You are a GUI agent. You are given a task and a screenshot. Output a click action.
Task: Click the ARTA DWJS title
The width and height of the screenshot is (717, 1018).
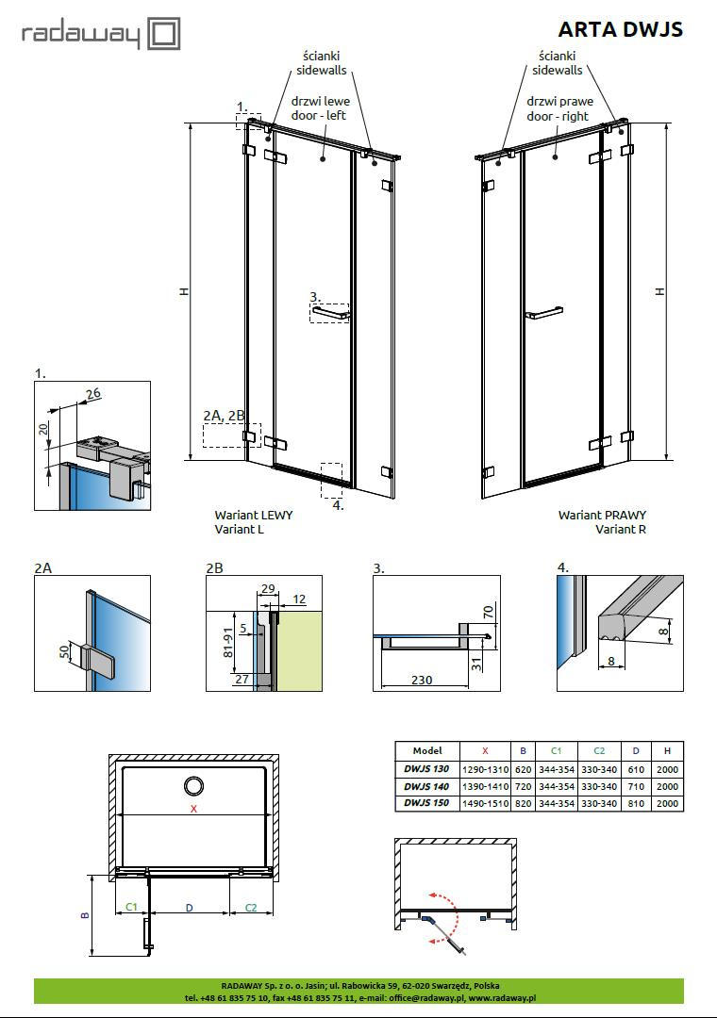[x=620, y=29]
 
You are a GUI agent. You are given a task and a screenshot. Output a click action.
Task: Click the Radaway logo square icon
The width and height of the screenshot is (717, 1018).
[x=164, y=35]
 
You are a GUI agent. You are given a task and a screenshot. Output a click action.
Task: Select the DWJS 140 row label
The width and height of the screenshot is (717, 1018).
[x=426, y=785]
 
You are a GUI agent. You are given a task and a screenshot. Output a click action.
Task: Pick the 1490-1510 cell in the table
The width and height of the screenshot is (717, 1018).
[x=485, y=803]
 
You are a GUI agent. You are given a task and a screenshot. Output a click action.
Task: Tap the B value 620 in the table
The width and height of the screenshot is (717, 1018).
[x=523, y=768]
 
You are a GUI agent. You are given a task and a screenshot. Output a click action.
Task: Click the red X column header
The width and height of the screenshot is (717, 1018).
[x=485, y=750]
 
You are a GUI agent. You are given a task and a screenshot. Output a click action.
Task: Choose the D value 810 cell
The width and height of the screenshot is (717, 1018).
[x=636, y=803]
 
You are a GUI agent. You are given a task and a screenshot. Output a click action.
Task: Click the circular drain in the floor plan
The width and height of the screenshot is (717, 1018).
[x=195, y=786]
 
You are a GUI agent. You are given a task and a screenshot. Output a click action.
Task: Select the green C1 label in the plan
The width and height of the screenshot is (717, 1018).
[x=132, y=907]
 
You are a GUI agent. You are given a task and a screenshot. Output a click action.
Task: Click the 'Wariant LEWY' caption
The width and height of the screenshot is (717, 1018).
[x=253, y=515]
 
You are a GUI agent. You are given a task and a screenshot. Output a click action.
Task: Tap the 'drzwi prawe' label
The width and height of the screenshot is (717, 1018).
[x=557, y=102]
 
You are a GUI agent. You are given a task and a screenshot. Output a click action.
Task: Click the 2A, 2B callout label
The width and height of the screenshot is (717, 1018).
[x=224, y=415]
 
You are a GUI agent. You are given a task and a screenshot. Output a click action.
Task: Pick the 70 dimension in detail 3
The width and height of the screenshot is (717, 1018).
[x=488, y=611]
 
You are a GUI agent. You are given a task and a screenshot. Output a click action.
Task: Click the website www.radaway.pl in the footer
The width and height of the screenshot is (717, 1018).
[x=502, y=997]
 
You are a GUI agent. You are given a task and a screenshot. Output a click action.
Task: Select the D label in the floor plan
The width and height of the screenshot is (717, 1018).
[x=190, y=907]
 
